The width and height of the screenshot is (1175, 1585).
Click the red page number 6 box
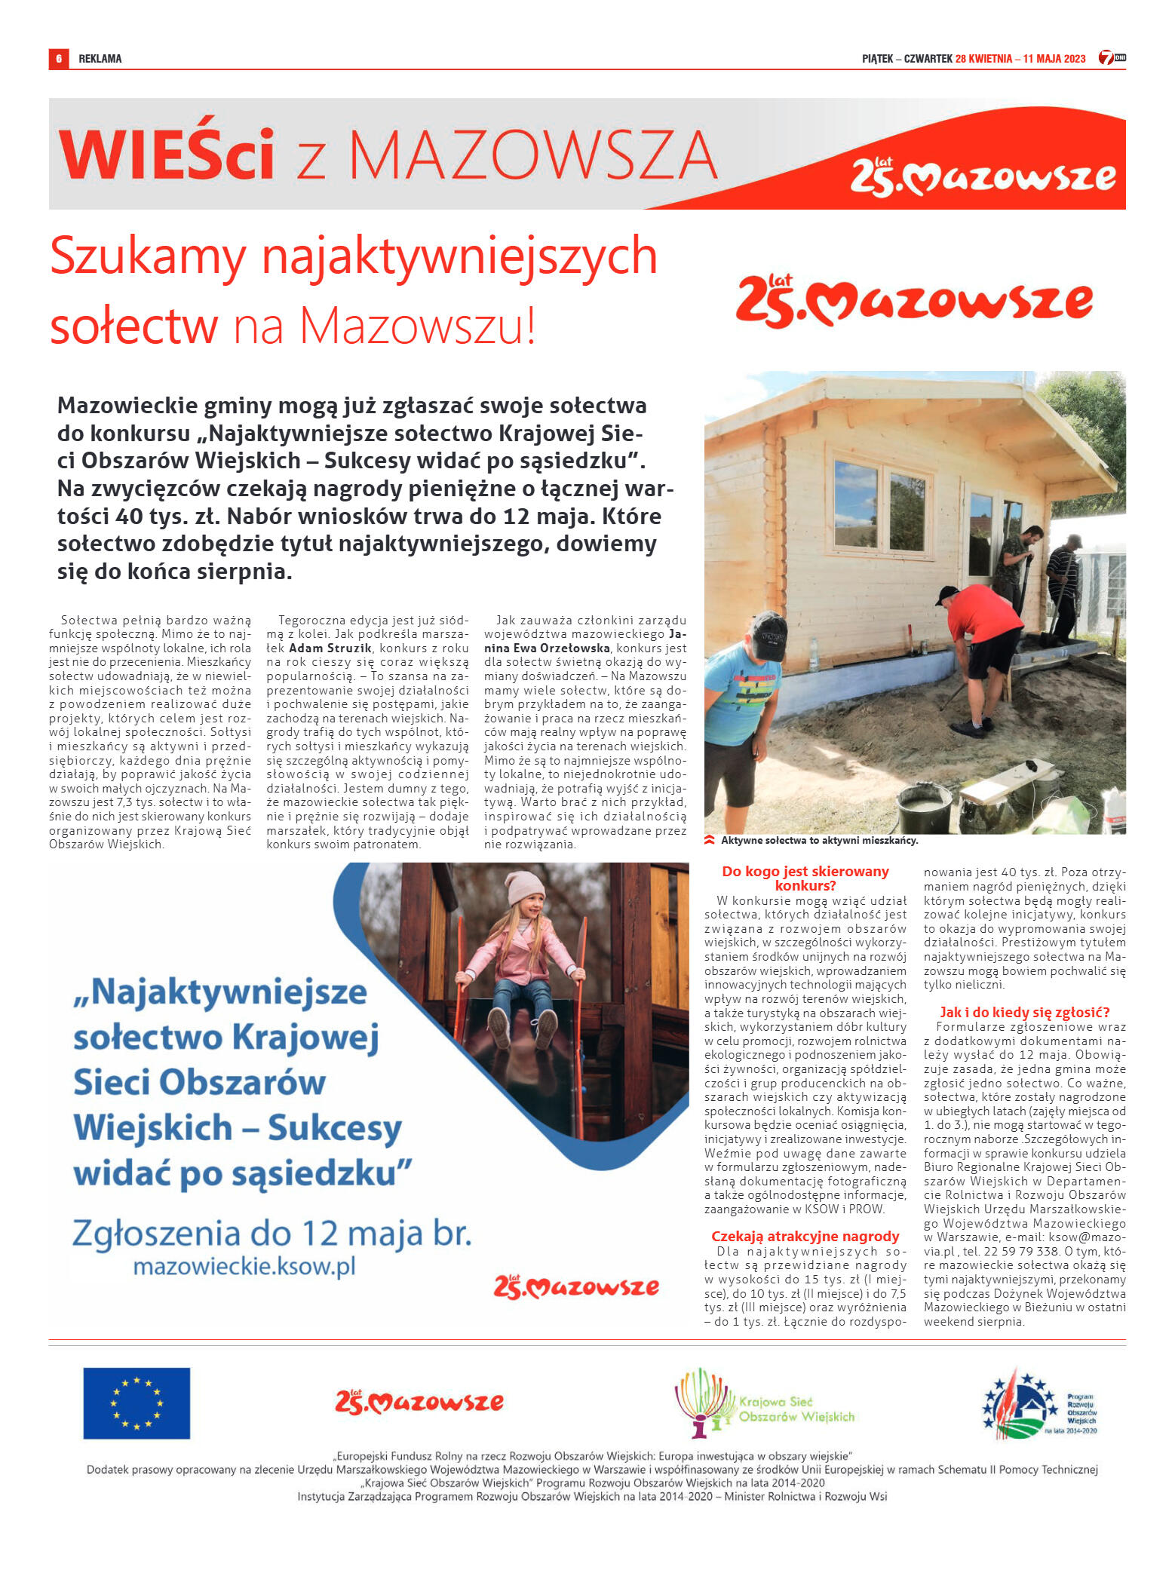coord(58,59)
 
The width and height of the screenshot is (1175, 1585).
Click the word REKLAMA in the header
coord(100,59)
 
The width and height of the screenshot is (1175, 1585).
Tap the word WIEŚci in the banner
coord(166,155)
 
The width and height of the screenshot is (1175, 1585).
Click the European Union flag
coord(137,1403)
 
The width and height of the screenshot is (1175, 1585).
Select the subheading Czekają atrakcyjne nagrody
coord(805,1236)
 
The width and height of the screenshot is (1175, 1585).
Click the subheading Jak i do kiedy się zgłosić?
coord(1024,1012)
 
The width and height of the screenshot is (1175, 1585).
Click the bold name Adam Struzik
coord(330,648)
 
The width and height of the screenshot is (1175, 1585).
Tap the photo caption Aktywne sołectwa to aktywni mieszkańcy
coord(819,840)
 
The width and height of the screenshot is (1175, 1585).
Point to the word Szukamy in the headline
coord(148,256)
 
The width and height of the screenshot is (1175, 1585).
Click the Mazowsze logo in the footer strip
coord(419,1402)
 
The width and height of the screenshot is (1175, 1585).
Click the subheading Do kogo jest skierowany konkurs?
coord(805,878)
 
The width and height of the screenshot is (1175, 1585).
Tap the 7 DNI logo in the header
coord(1111,58)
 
